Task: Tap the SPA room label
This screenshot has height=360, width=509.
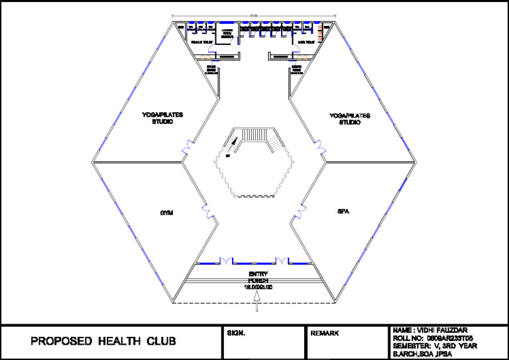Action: (x=343, y=211)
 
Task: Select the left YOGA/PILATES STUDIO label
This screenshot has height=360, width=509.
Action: (x=162, y=118)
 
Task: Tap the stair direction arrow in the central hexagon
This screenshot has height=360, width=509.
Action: (x=233, y=141)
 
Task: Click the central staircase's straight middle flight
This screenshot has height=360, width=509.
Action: (x=254, y=135)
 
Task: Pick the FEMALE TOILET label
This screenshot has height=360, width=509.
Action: (x=201, y=42)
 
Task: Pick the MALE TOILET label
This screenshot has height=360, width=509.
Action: (x=306, y=42)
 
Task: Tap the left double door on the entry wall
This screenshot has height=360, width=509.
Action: (x=225, y=260)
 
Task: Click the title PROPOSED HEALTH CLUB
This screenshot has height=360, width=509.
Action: (x=103, y=342)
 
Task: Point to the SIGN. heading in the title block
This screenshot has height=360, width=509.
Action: (x=236, y=333)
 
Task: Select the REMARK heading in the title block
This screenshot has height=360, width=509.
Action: (x=325, y=333)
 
